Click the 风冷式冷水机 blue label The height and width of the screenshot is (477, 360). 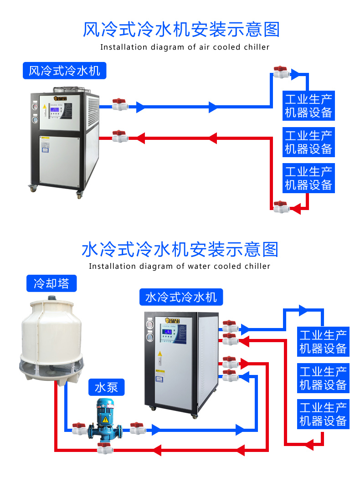point(64,71)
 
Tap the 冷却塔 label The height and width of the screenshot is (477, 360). point(51,283)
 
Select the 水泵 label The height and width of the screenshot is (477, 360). point(106,387)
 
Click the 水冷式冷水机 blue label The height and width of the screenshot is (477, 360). point(181,297)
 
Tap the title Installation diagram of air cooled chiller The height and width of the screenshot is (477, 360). point(185,47)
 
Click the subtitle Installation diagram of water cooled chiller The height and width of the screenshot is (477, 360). point(180,266)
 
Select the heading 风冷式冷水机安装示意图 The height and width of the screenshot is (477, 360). point(181,29)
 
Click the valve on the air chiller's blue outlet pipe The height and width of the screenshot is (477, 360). point(120,105)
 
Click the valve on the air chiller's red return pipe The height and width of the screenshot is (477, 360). point(120,136)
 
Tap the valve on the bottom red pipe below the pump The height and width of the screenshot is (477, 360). point(104,448)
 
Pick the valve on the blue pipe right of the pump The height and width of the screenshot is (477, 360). point(137,428)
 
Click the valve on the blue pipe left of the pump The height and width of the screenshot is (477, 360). point(79,428)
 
